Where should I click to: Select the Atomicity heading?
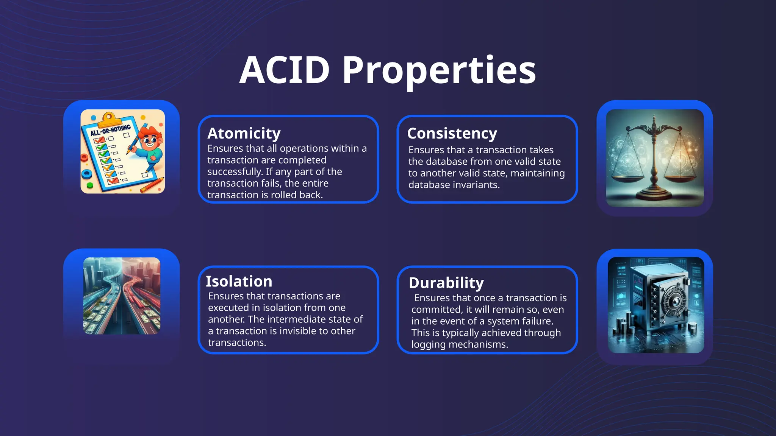coord(244,134)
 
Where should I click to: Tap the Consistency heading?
coord(452,134)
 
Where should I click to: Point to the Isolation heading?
coord(239,282)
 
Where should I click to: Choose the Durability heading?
coord(446,283)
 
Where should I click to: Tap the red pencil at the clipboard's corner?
coord(152,184)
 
